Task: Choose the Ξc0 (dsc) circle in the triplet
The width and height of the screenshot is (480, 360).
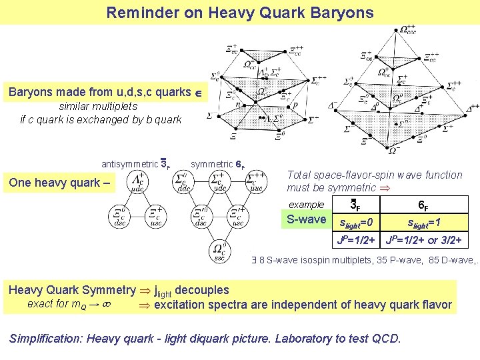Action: pyautogui.click(x=121, y=216)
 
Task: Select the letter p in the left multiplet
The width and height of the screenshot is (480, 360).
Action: pyautogui.click(x=295, y=105)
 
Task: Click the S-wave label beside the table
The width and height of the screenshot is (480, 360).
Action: pyautogui.click(x=306, y=219)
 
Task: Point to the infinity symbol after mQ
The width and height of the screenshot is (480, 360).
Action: pyautogui.click(x=106, y=305)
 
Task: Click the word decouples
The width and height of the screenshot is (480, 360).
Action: pyautogui.click(x=201, y=290)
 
